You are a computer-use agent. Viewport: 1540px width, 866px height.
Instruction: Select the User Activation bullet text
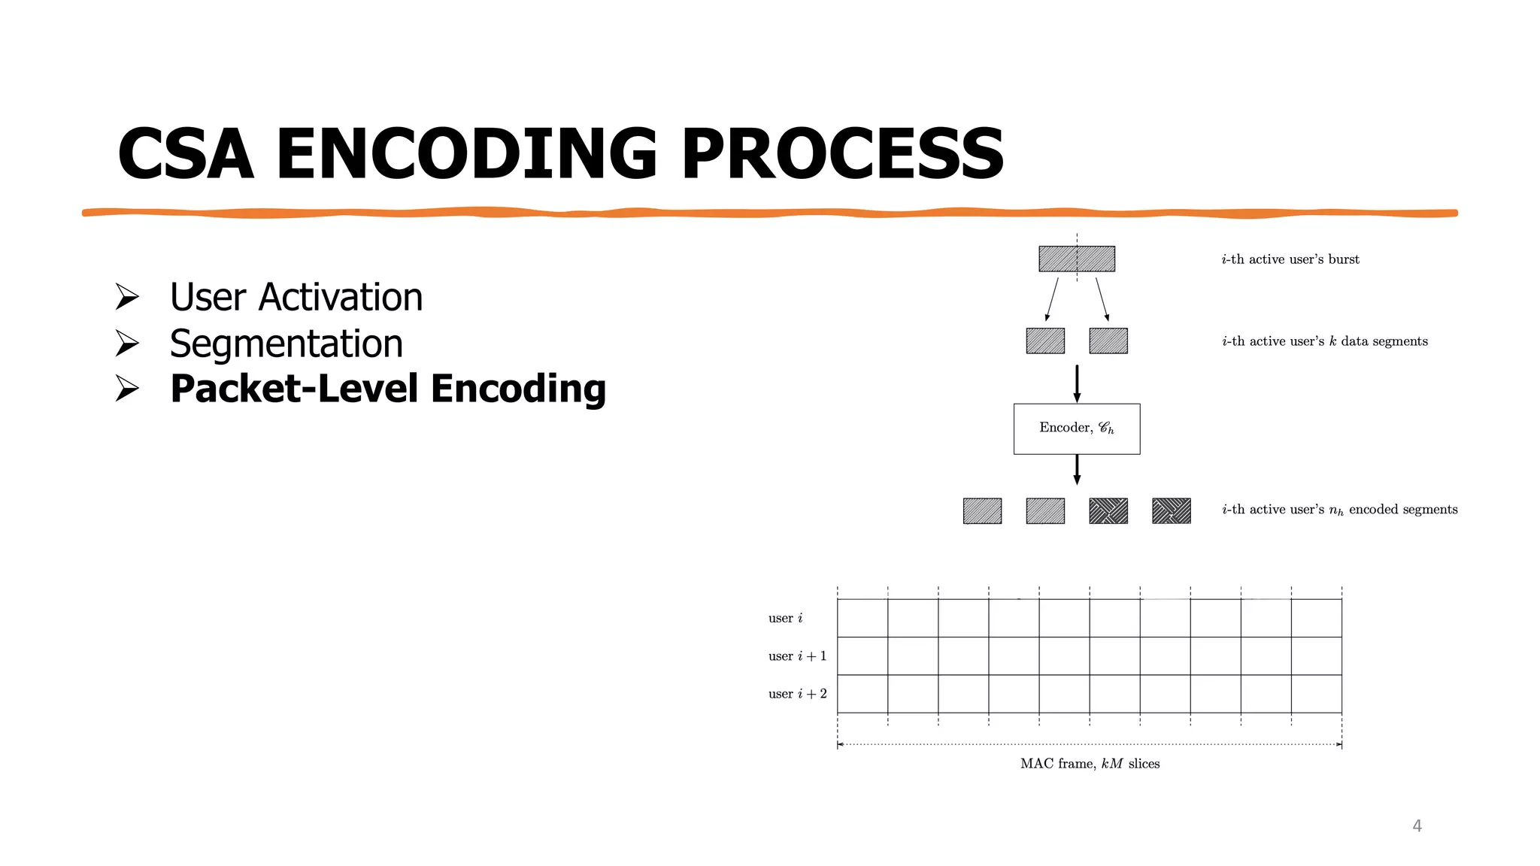[296, 297]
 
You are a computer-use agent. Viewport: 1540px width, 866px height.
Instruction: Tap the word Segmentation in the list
[286, 344]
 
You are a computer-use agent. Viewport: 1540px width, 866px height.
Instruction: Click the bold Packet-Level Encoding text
[388, 389]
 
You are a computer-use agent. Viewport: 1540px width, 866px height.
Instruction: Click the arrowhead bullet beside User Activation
[127, 297]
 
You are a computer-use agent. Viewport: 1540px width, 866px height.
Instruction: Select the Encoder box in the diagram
[1076, 428]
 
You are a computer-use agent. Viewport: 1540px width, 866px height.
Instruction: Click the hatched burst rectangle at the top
[1076, 259]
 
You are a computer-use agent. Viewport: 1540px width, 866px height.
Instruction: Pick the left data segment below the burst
[1045, 341]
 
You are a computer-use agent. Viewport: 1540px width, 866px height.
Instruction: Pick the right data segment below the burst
[1108, 341]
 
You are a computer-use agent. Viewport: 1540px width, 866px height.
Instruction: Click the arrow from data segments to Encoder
[1077, 383]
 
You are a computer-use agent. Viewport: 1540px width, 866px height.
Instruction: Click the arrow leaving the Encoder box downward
[1077, 469]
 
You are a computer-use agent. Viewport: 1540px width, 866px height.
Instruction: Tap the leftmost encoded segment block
[982, 510]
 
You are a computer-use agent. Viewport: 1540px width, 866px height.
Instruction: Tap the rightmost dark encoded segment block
[1171, 510]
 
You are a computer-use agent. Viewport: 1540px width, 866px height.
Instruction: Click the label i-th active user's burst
[1290, 259]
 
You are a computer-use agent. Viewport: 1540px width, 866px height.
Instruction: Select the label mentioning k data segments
[1324, 341]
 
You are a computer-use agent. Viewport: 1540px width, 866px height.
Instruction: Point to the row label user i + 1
[797, 656]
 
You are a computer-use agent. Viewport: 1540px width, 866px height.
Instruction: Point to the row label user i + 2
[797, 694]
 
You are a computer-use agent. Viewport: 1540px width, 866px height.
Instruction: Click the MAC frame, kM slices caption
[1090, 764]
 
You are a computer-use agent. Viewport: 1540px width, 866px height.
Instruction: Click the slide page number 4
[1417, 826]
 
